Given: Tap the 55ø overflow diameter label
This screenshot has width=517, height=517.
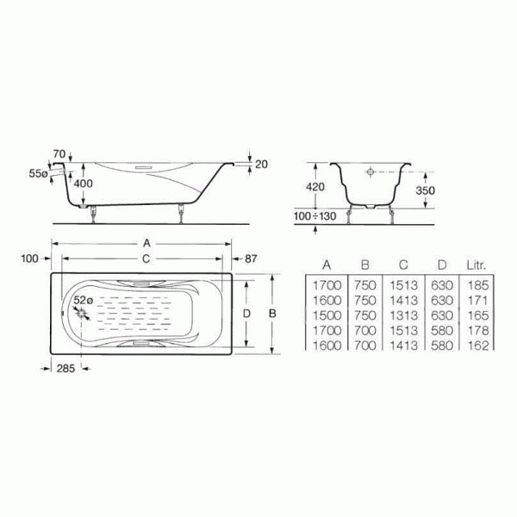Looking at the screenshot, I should click(38, 173).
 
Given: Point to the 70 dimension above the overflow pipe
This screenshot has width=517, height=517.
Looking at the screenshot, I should click(59, 154).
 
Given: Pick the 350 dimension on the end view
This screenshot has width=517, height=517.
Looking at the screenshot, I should click(425, 190).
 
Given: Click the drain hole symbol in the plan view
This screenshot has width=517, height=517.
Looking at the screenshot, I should click(84, 315).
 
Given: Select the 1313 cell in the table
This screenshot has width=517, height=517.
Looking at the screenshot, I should click(403, 315).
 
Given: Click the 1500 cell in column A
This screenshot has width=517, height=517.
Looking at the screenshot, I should click(327, 315).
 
